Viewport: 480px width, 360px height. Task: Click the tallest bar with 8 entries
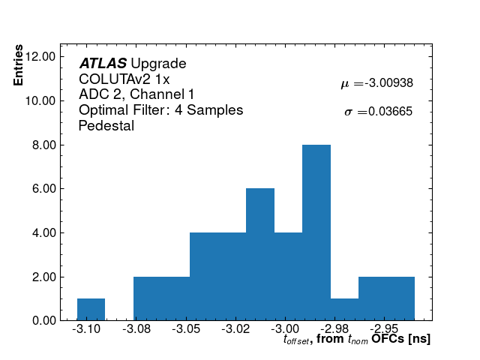click(x=316, y=232)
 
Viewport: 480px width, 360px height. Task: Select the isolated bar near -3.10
click(x=91, y=309)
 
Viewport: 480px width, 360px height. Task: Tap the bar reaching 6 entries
click(x=259, y=254)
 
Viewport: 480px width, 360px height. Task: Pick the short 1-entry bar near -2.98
click(x=344, y=309)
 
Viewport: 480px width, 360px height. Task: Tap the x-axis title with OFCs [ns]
click(x=357, y=340)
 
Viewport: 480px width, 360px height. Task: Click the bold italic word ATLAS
click(x=103, y=64)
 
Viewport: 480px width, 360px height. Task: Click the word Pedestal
click(x=106, y=126)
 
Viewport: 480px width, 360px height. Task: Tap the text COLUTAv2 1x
click(x=124, y=79)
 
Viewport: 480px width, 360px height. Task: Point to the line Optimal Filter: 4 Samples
click(x=160, y=110)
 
